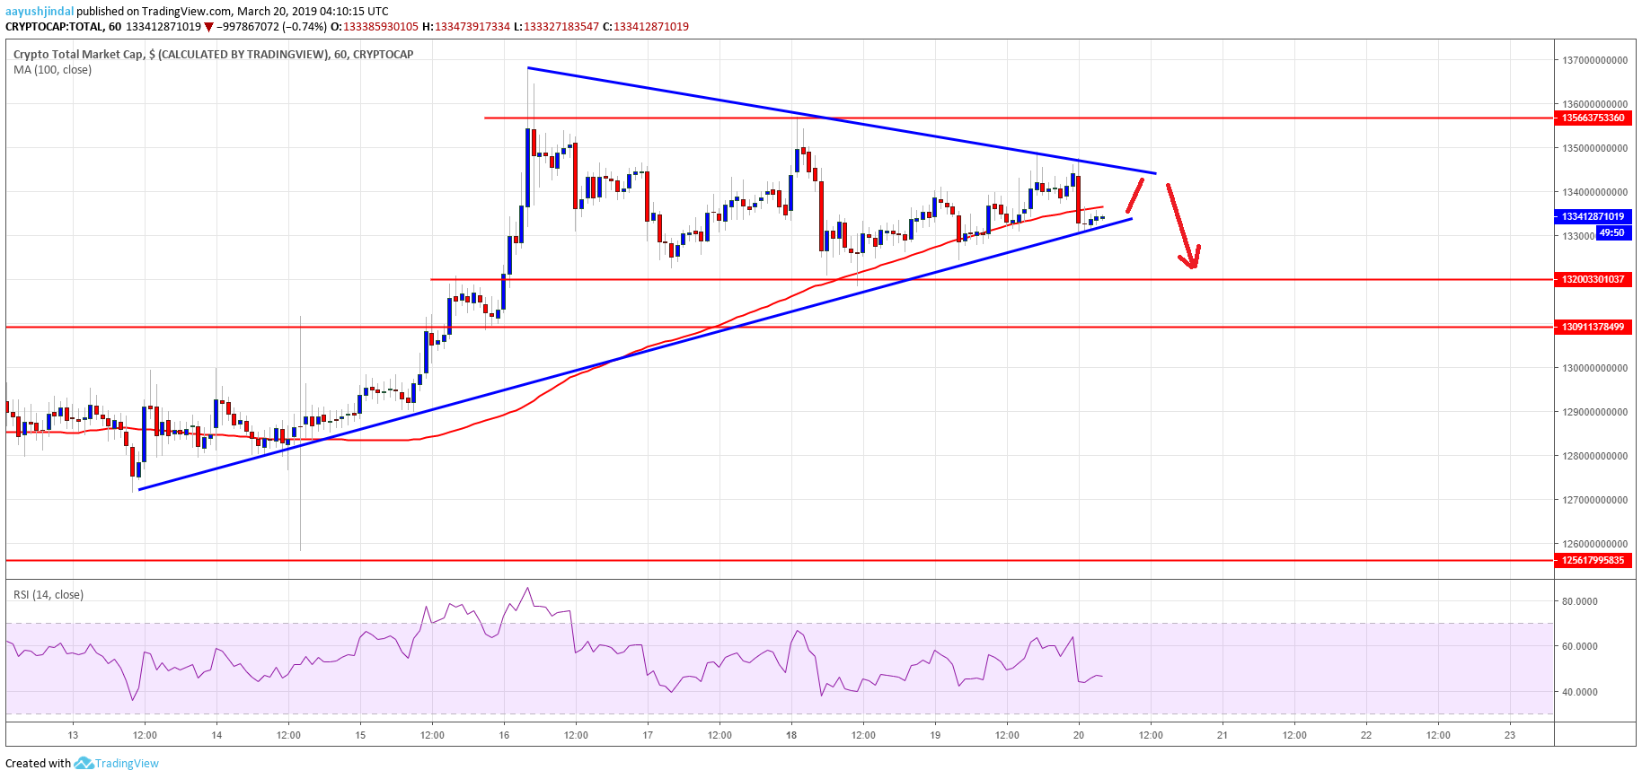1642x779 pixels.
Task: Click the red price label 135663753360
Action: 1593,118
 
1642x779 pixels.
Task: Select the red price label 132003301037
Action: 1593,279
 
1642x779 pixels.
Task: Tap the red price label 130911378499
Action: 1593,327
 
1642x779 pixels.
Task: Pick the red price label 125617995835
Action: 1593,560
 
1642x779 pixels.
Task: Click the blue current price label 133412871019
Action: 1593,216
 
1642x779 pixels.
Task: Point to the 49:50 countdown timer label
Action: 1612,232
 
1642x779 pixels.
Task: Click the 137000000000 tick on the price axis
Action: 1594,60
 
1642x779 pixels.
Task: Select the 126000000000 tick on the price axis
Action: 1594,544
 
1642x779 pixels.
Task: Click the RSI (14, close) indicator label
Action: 49,594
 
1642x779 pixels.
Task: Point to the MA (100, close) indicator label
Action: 52,69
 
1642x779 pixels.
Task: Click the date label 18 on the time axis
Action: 791,735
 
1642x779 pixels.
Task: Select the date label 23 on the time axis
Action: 1510,735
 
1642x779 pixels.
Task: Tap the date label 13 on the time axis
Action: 73,735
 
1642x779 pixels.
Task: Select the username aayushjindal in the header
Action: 40,11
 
